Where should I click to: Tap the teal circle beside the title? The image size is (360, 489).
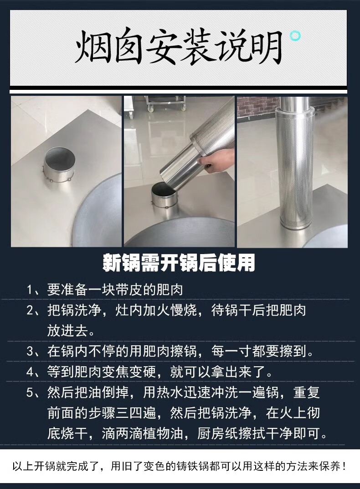(x=295, y=36)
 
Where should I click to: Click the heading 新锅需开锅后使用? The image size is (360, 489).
(x=179, y=263)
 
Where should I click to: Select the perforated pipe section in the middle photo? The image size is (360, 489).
(x=212, y=127)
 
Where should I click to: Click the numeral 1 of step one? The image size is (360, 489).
(x=30, y=290)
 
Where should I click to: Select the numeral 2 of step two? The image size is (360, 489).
(x=30, y=310)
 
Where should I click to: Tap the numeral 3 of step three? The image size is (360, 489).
(x=30, y=351)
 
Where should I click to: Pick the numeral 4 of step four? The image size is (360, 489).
(x=30, y=372)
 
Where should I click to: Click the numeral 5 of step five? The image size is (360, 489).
(x=30, y=392)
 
